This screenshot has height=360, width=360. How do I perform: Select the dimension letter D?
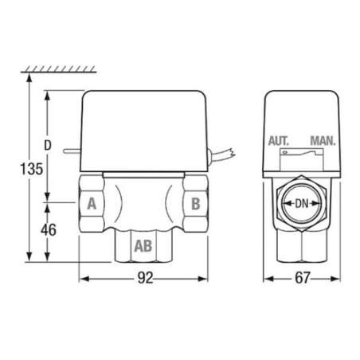[x=49, y=147]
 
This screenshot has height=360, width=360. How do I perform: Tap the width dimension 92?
[x=143, y=280]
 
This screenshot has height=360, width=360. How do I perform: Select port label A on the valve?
[x=92, y=204]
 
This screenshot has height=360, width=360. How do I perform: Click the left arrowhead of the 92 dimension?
[x=82, y=280]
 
